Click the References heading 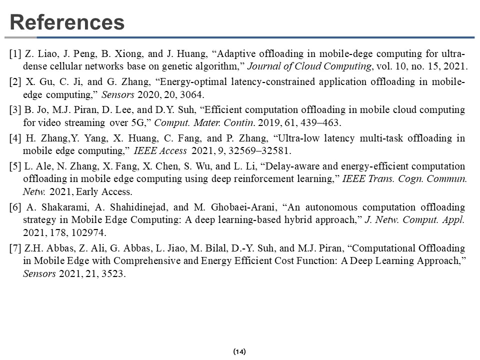point(67,22)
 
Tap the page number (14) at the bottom point(239,351)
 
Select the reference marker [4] point(15,138)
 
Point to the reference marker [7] point(15,248)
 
